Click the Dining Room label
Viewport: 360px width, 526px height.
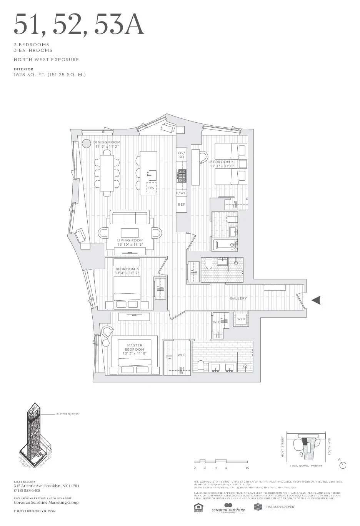point(107,142)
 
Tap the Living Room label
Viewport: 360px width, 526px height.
point(130,240)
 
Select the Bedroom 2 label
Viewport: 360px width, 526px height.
point(222,162)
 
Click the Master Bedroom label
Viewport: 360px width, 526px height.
point(135,347)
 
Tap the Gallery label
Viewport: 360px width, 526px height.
point(238,298)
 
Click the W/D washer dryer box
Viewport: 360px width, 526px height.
point(241,319)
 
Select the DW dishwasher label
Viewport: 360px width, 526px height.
point(152,188)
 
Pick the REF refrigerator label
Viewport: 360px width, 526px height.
point(181,205)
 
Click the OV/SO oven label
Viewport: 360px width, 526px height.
point(181,155)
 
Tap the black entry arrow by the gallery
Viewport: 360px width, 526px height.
point(316,301)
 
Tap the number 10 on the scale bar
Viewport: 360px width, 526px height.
point(247,468)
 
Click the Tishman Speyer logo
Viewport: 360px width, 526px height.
point(274,507)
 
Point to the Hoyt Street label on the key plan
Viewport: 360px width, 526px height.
point(283,447)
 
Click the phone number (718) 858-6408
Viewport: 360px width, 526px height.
point(27,491)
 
